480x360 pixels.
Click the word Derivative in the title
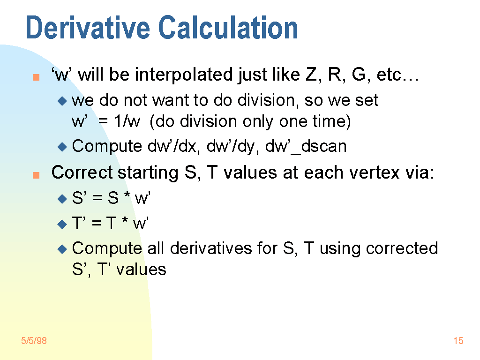(x=88, y=28)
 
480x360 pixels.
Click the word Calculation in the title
(x=228, y=28)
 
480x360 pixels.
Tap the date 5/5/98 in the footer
(x=34, y=340)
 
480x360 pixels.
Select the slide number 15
(x=458, y=340)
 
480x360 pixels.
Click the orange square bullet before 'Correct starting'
(x=36, y=175)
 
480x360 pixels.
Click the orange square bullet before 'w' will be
(x=36, y=77)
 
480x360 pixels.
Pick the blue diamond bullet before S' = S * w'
(x=62, y=199)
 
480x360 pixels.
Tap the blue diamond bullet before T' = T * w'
(x=62, y=224)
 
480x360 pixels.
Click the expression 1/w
(x=127, y=121)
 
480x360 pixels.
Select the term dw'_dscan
(x=306, y=146)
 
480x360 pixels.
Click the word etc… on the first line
(x=397, y=75)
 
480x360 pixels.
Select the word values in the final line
(x=142, y=270)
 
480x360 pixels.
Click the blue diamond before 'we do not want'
(x=62, y=101)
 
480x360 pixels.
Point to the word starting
(x=148, y=173)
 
